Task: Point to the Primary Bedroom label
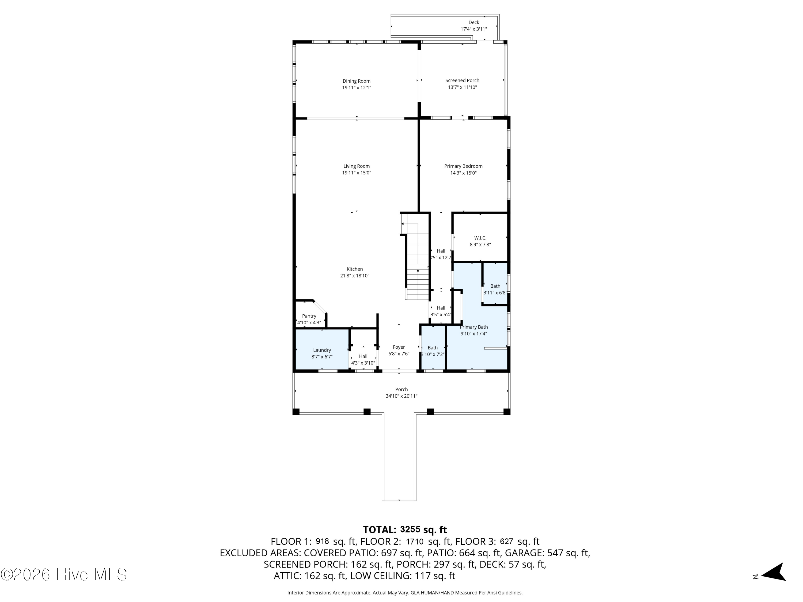point(463,166)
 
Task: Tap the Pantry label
point(309,316)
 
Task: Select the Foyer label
point(399,347)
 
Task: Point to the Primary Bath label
point(474,327)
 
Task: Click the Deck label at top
point(474,22)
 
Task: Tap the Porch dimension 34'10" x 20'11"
point(401,396)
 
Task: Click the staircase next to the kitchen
point(418,265)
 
